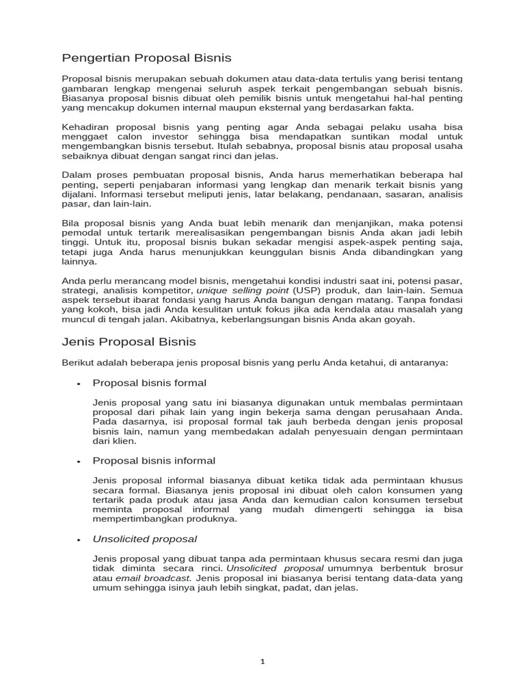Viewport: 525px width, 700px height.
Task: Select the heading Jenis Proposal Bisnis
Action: point(129,341)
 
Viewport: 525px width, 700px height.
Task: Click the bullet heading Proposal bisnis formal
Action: point(149,383)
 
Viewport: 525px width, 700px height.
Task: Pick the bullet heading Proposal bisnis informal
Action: point(154,461)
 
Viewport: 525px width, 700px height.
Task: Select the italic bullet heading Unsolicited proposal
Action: point(145,539)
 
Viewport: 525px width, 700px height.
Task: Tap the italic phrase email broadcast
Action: point(155,578)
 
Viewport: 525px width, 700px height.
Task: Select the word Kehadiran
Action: point(86,127)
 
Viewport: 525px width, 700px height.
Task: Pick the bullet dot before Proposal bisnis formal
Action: point(79,383)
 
